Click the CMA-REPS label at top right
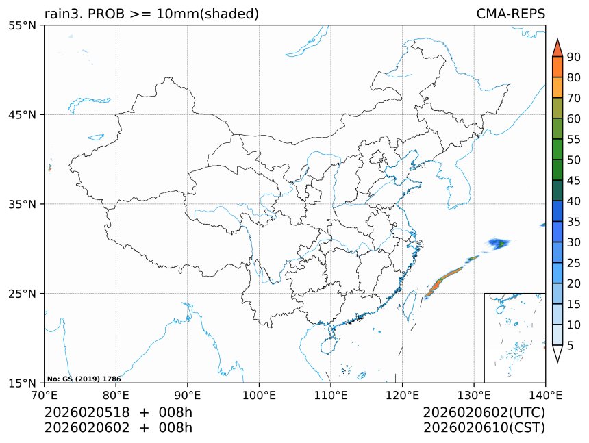tap(510, 14)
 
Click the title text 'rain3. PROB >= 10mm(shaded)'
tap(151, 14)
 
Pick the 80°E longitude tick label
tap(116, 394)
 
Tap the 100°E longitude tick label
tap(259, 394)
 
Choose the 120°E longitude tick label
tap(402, 394)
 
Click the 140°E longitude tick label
tap(545, 394)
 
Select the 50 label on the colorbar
tap(574, 160)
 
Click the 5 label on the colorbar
tap(571, 346)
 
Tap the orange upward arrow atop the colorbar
tap(557, 48)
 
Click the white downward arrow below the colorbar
tap(557, 353)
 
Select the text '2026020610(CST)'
tap(484, 428)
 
